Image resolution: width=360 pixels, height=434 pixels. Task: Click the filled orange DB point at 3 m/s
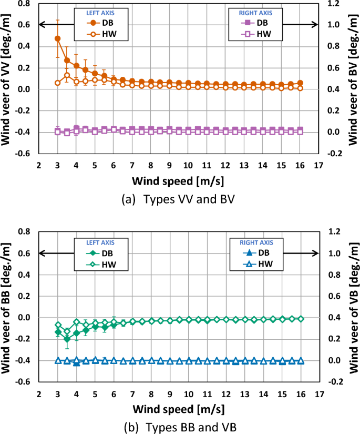click(57, 38)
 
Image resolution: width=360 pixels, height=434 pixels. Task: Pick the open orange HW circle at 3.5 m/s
click(67, 75)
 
